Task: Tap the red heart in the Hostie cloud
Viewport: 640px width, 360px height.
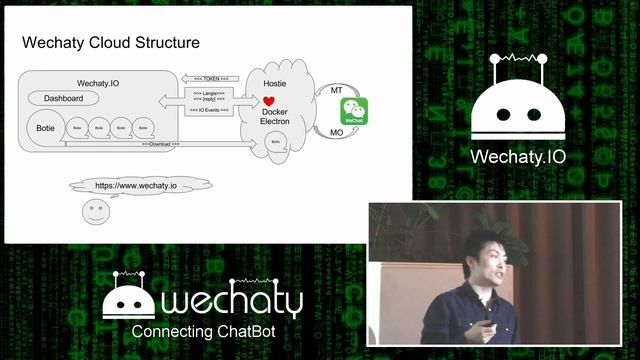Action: click(x=268, y=102)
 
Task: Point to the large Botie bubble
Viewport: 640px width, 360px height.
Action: click(x=44, y=129)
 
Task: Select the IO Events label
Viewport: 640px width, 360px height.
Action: click(x=210, y=110)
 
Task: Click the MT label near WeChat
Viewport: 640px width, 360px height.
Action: click(x=336, y=91)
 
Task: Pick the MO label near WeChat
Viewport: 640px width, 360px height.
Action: click(x=336, y=132)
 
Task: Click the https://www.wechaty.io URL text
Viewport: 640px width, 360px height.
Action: click(x=136, y=186)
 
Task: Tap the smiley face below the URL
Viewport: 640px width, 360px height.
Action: click(x=95, y=212)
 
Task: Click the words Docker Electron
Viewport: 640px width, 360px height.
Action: click(x=276, y=118)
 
